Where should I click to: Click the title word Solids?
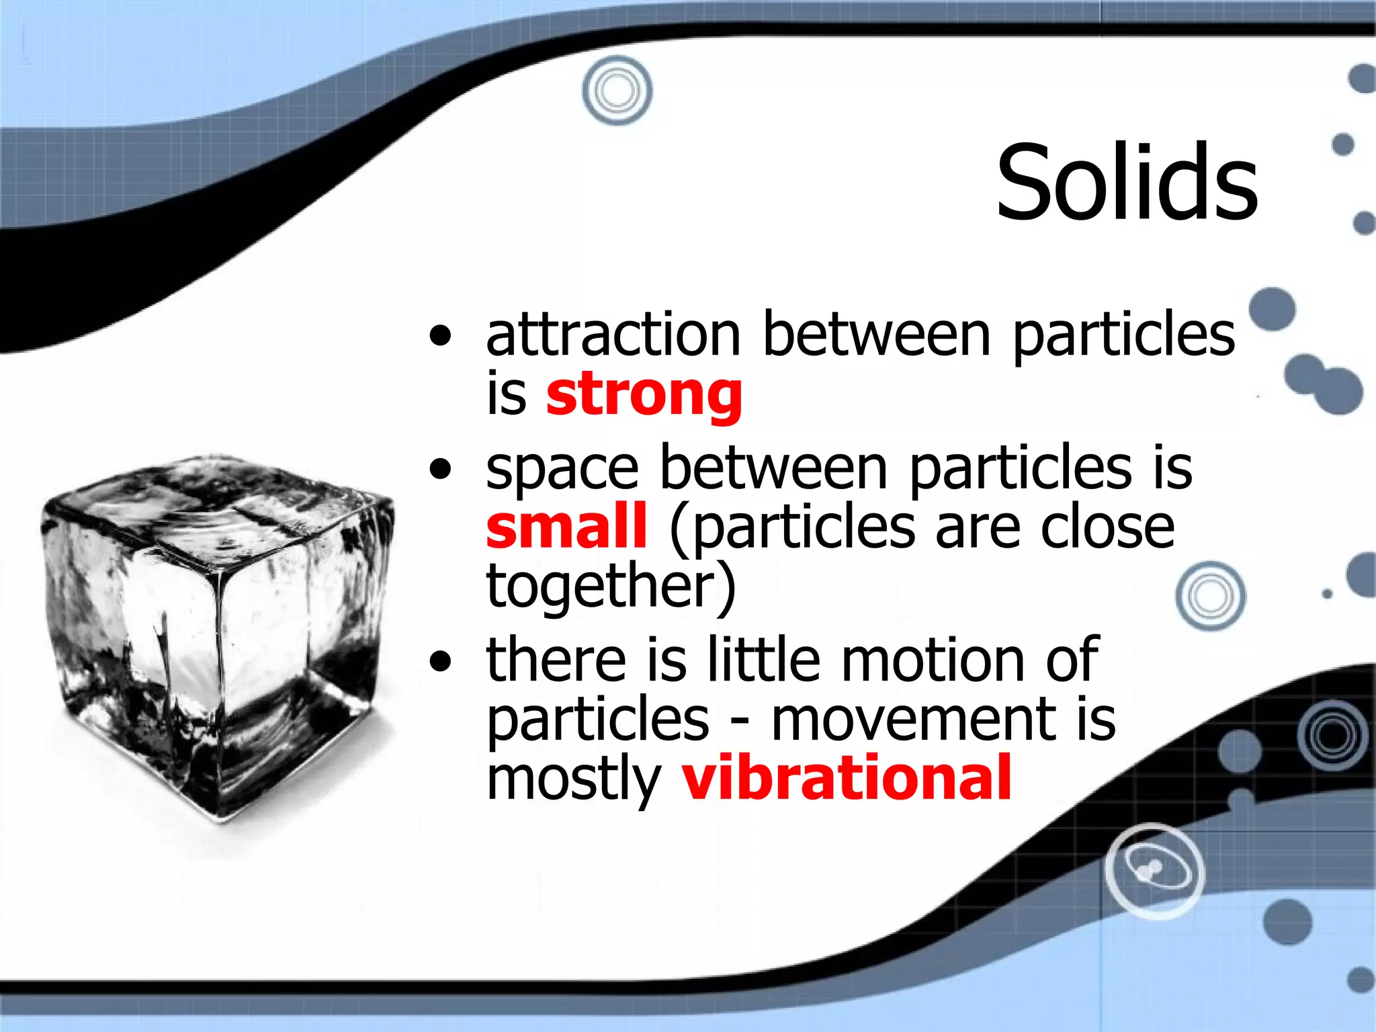1127,183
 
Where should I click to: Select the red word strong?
644,395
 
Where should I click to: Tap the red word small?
566,526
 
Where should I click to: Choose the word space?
562,468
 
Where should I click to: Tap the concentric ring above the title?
617,91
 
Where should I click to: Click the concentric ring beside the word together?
1211,596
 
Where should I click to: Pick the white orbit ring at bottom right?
1155,871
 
